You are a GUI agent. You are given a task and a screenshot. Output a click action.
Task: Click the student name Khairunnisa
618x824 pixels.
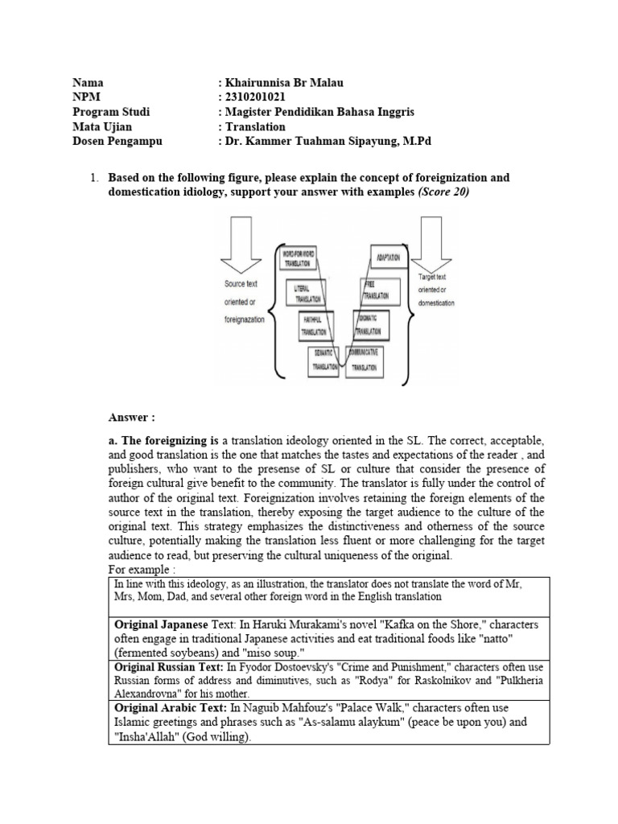point(259,83)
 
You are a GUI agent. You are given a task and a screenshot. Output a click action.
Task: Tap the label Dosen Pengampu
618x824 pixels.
point(117,141)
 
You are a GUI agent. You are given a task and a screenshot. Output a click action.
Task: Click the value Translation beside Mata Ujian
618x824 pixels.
point(255,126)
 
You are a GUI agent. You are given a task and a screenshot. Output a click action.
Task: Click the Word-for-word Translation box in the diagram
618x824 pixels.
point(298,259)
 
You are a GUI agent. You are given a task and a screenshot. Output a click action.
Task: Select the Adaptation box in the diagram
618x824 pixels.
point(390,257)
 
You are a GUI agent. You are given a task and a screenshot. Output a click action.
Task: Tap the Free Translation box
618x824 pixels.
point(376,290)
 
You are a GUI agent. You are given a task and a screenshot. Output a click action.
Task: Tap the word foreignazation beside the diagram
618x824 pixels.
point(249,319)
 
